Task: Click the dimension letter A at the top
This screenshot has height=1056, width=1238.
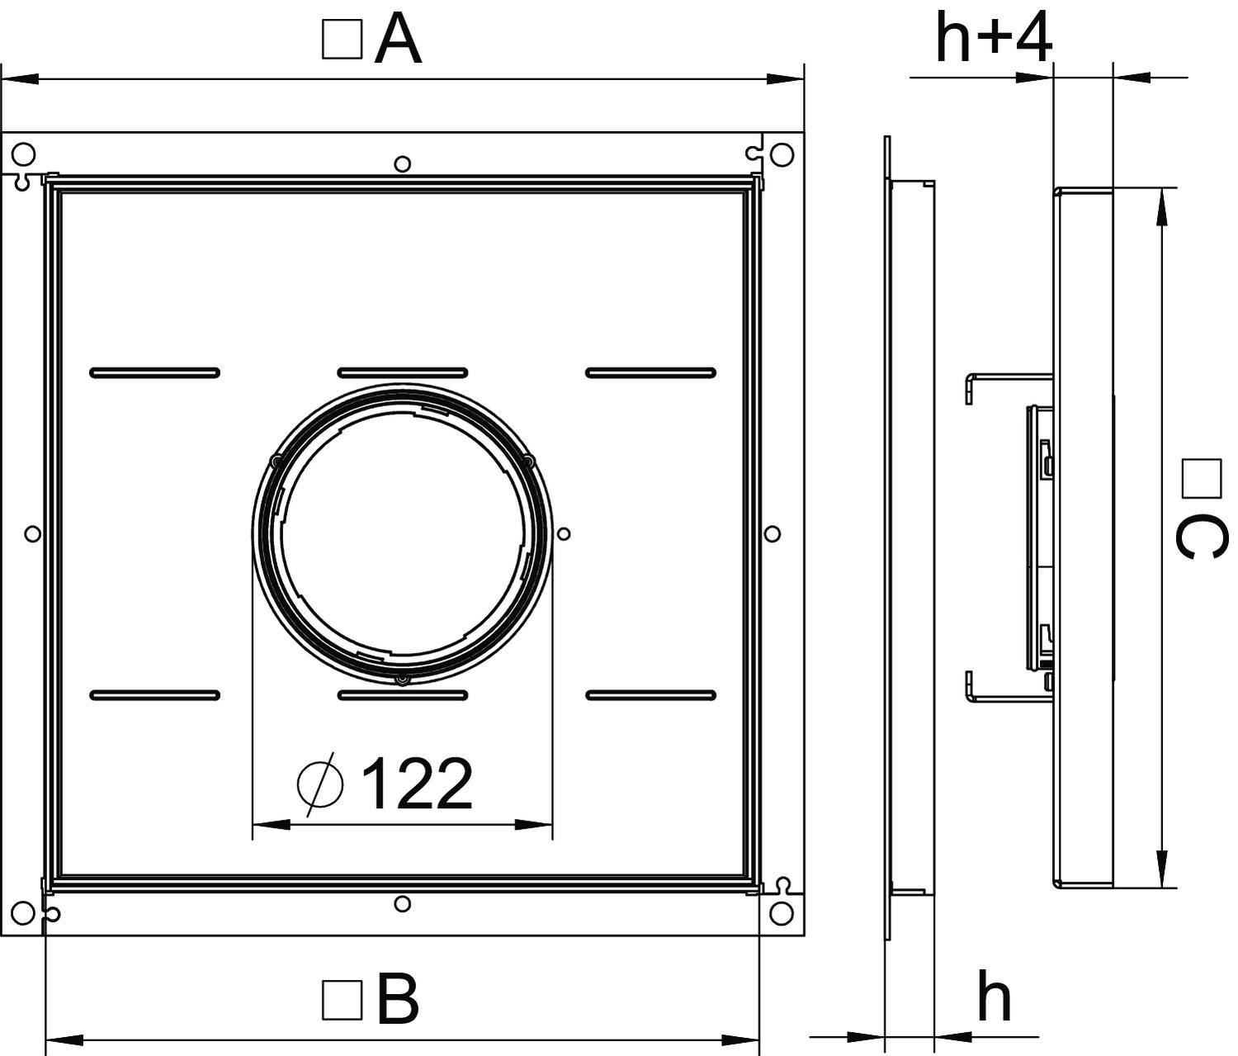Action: pos(398,42)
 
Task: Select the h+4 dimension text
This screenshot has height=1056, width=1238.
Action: pos(994,39)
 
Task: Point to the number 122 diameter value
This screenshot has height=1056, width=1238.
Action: pos(418,784)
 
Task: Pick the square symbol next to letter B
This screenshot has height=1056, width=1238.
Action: pos(342,1000)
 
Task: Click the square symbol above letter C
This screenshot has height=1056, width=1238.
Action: pos(1201,479)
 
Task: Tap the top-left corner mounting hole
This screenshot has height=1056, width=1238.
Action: pos(23,154)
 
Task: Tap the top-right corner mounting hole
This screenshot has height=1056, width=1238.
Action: pos(781,154)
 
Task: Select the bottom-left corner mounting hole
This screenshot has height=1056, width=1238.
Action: pos(23,912)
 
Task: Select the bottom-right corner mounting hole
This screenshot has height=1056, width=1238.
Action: pos(781,912)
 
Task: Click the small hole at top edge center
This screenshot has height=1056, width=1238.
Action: pos(402,163)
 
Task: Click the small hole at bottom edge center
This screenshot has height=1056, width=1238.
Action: pos(402,904)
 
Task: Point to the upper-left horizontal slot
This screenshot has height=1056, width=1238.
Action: pos(154,373)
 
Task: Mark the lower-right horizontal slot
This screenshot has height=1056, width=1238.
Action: pos(650,695)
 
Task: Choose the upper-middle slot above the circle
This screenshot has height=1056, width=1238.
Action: pos(403,373)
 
